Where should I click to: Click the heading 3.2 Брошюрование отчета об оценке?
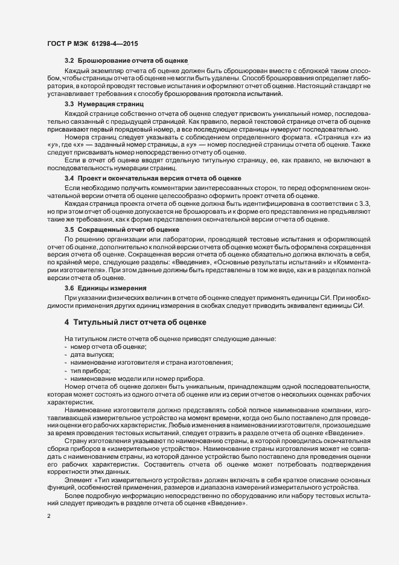click(x=127, y=62)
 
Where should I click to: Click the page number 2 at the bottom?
click(x=48, y=517)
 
